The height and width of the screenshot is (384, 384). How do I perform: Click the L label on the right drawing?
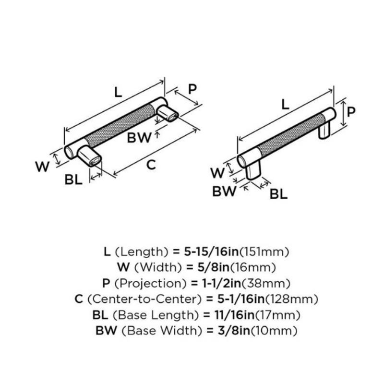[285, 105]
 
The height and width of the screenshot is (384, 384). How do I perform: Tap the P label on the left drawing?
[192, 89]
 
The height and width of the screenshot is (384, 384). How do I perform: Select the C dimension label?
[151, 165]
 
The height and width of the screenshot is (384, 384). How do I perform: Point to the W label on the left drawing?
[43, 167]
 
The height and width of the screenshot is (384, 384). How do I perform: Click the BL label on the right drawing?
[278, 194]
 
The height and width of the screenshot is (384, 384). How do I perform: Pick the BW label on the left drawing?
[139, 138]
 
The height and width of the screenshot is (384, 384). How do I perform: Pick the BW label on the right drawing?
[225, 192]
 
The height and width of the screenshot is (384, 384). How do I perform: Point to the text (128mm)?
[293, 299]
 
